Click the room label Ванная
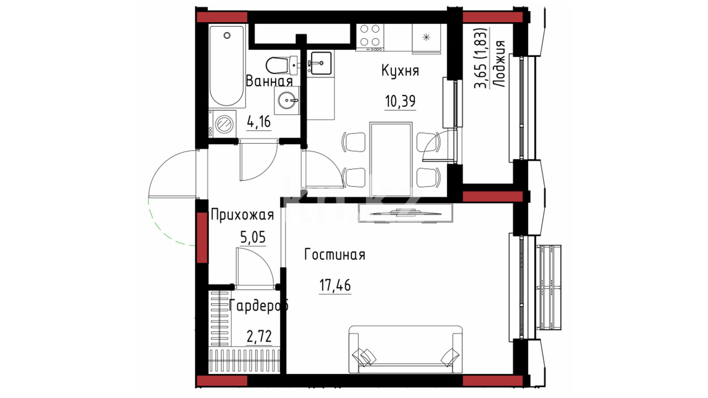click(x=269, y=81)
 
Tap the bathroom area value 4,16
click(x=259, y=121)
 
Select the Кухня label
click(x=400, y=70)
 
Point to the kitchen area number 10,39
click(x=400, y=101)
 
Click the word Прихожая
click(x=242, y=215)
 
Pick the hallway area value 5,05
click(x=253, y=237)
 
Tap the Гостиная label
click(x=334, y=255)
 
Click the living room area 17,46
click(x=335, y=285)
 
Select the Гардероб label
click(x=258, y=306)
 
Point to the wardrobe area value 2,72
click(x=259, y=336)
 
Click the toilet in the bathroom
click(x=281, y=66)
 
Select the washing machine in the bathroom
click(x=222, y=124)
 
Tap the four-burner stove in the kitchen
click(x=370, y=35)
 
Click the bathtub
click(x=227, y=66)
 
